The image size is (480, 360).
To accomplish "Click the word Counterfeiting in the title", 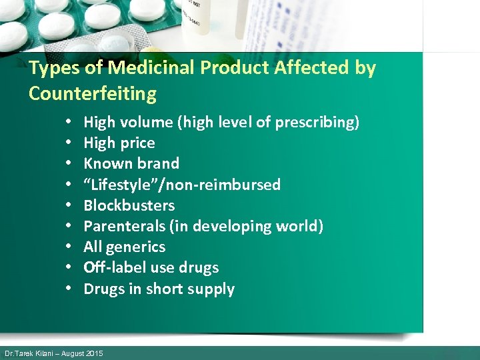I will click(93, 93).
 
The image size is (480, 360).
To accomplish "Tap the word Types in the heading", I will click(51, 68).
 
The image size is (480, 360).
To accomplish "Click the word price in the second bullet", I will click(138, 143).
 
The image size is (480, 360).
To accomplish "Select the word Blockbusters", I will click(129, 205).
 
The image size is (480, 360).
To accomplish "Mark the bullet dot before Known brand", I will click(69, 164).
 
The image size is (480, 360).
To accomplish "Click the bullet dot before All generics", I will click(69, 247).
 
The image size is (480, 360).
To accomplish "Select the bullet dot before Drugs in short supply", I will click(69, 289).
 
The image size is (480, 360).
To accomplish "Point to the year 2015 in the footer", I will click(95, 353).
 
